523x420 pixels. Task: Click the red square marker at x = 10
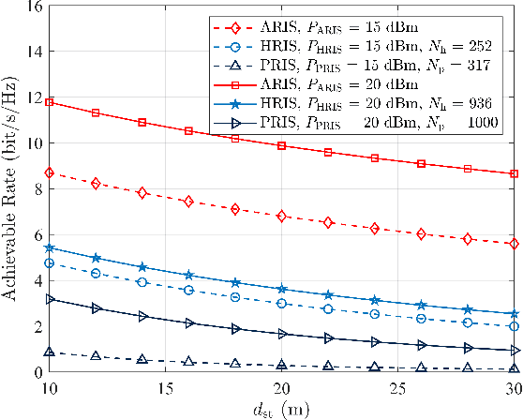[49, 101]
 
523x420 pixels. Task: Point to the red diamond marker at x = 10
[49, 172]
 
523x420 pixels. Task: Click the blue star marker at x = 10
[49, 247]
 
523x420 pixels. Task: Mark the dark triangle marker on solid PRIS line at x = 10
[49, 299]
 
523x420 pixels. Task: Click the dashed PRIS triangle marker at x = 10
[49, 352]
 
